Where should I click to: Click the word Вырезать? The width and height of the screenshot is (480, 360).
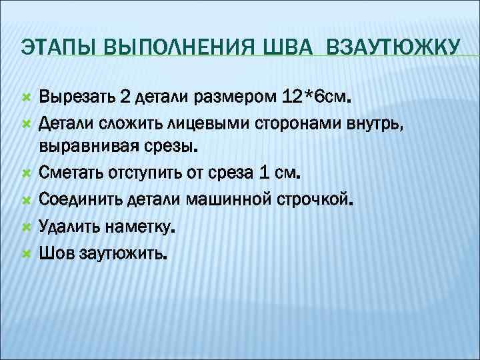(x=75, y=97)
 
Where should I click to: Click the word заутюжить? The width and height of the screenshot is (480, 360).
(x=123, y=253)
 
